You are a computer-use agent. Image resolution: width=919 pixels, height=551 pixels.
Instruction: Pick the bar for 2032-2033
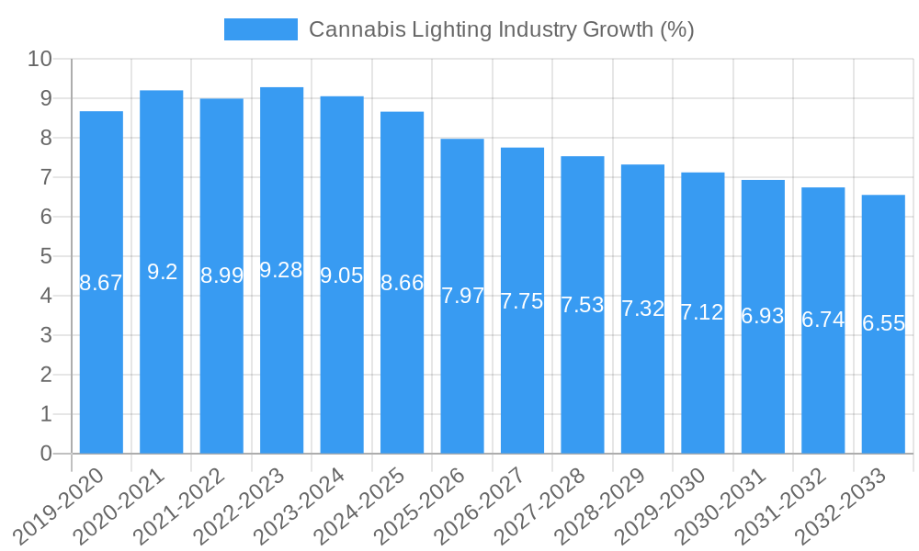click(x=883, y=386)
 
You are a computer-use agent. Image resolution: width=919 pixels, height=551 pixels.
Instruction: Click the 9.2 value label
click(x=162, y=272)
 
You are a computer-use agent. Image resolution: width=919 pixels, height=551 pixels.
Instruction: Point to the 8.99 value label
click(x=221, y=275)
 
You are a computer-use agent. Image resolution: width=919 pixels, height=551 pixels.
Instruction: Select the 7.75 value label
click(x=522, y=301)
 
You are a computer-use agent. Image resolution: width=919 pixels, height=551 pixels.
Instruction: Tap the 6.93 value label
click(x=763, y=316)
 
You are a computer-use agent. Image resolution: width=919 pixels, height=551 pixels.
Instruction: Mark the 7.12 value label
click(x=702, y=312)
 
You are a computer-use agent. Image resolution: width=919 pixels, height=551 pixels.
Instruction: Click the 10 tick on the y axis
click(x=40, y=60)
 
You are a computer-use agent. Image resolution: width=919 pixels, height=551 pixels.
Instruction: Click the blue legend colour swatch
click(x=261, y=29)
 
